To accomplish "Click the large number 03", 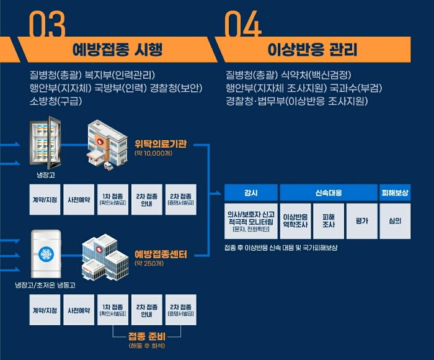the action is (x=48, y=25).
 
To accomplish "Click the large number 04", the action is (x=243, y=25).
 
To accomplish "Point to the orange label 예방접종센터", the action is (x=161, y=254).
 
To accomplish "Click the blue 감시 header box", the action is (x=251, y=192).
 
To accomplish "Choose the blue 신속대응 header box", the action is (x=329, y=192).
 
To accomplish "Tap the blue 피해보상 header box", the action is (x=395, y=192).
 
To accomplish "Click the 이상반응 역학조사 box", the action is (x=295, y=221).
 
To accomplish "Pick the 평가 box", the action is (x=362, y=221).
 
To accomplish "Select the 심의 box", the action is (x=395, y=221).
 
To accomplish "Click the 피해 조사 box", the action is (x=329, y=221).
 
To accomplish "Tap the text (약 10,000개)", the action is (x=153, y=153).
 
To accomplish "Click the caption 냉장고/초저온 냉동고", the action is (x=45, y=286).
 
